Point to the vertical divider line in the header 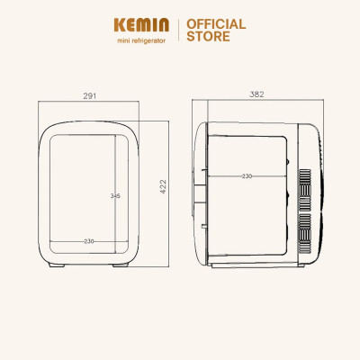[x=178, y=30]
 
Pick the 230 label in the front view [x=89, y=241]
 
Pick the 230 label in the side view [x=247, y=176]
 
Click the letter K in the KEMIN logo [x=121, y=25]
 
